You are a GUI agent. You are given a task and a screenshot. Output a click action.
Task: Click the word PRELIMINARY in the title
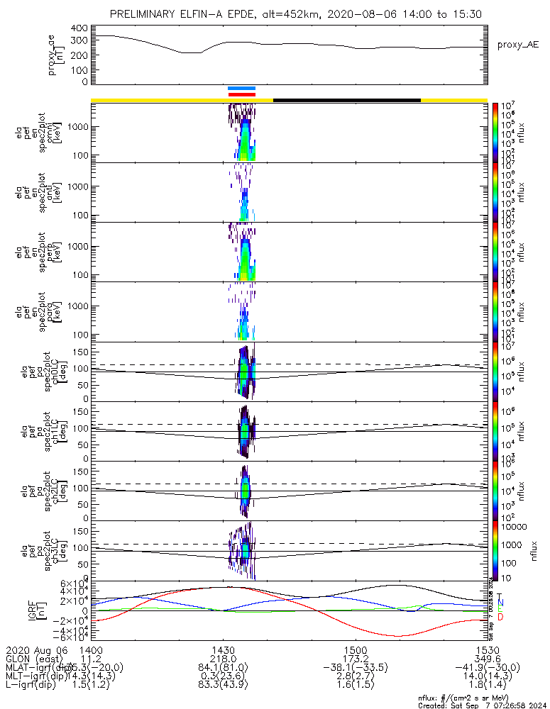pyautogui.click(x=143, y=14)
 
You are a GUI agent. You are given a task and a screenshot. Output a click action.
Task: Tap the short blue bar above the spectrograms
pyautogui.click(x=241, y=89)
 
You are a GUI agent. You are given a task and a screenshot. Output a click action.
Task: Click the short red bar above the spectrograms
pyautogui.click(x=241, y=94)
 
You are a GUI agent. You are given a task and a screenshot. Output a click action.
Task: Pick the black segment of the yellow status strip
pyautogui.click(x=347, y=100)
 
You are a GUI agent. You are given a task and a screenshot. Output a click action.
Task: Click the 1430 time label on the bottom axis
pyautogui.click(x=223, y=650)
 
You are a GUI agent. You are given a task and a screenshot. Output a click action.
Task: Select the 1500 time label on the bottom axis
pyautogui.click(x=355, y=650)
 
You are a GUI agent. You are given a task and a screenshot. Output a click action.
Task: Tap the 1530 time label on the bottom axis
pyautogui.click(x=487, y=650)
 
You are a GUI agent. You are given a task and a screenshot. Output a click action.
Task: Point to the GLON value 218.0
pyautogui.click(x=223, y=659)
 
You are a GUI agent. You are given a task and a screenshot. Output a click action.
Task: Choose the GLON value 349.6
pyautogui.click(x=487, y=659)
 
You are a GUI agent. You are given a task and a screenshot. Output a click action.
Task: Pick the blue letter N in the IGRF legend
pyautogui.click(x=500, y=602)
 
